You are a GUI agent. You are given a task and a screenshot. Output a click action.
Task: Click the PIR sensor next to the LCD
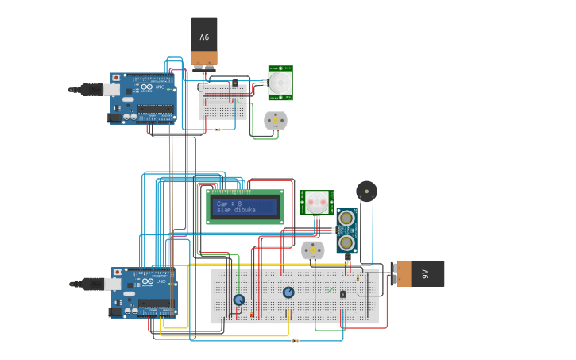pos(316,202)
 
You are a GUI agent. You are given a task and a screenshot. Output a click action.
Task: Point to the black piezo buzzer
pos(366,191)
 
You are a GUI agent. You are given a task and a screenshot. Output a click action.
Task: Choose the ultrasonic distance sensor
pos(346,230)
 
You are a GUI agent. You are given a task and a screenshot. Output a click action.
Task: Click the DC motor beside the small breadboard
pos(275,121)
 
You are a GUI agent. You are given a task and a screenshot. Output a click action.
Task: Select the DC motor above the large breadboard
pos(313,251)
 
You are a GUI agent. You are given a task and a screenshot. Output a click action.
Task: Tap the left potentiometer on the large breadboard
pos(239,300)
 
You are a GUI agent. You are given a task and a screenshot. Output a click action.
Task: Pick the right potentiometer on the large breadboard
pos(288,292)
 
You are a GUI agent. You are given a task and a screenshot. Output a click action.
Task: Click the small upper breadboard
pos(222,103)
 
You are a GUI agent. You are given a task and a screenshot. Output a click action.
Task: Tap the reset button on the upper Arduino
pos(117,78)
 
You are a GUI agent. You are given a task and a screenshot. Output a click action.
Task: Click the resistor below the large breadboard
pos(296,341)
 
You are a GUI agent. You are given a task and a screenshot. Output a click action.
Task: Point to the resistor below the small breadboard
pos(218,130)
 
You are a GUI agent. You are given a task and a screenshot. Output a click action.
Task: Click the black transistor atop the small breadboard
pos(234,83)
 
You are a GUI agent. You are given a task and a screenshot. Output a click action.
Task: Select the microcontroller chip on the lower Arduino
pos(156,304)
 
